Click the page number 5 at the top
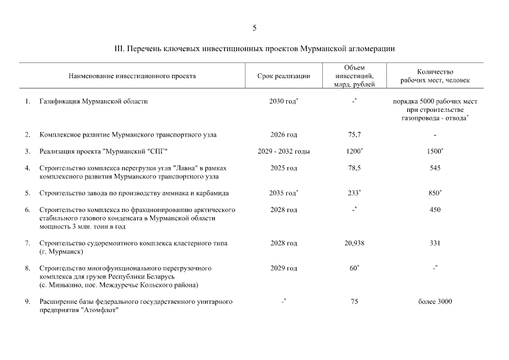coord(255,27)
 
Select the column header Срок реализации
coord(283,76)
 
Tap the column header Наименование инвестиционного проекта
coord(132,76)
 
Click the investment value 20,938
coord(354,243)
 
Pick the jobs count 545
coord(435,168)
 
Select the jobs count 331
coord(435,243)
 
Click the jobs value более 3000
coord(435,301)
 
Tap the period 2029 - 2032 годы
coord(283,152)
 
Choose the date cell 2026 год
coord(283,135)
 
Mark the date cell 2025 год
coord(283,168)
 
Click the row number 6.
coord(27,210)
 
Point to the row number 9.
coord(27,301)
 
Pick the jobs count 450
coord(435,210)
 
